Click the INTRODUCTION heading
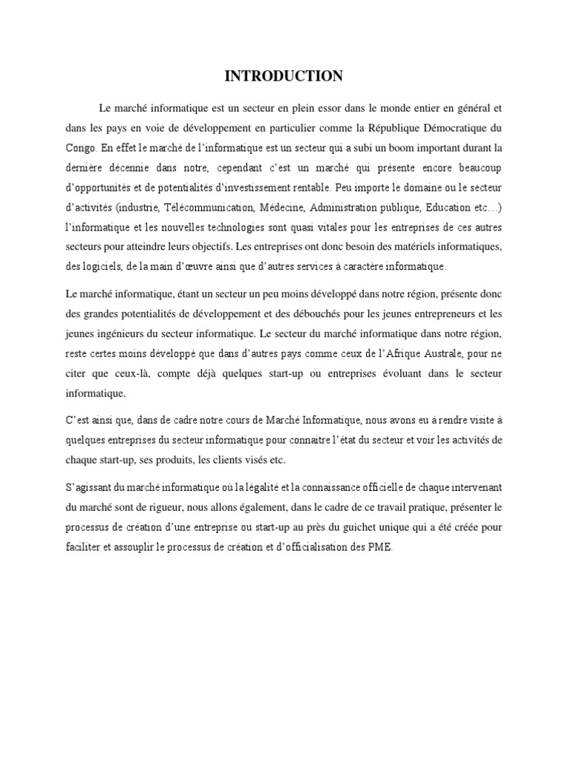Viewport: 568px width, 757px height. pos(283,76)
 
